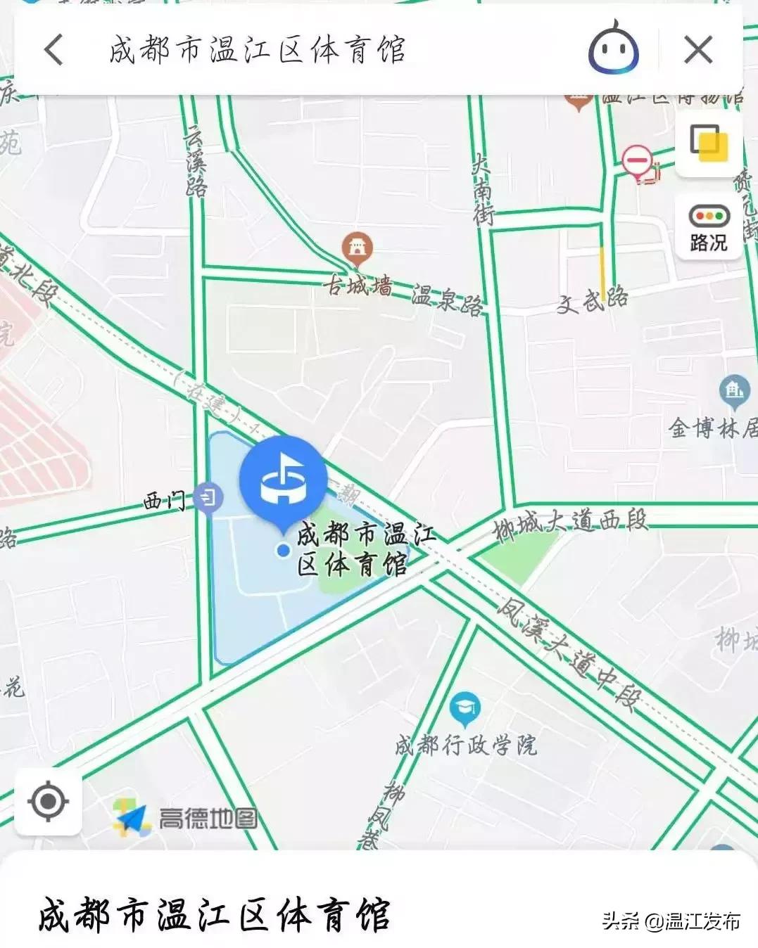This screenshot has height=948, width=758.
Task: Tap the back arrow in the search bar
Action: click(x=54, y=50)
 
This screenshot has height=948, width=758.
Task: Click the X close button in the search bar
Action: click(x=697, y=50)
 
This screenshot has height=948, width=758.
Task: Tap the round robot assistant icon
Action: click(x=613, y=49)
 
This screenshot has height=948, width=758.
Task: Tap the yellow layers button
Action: click(x=709, y=144)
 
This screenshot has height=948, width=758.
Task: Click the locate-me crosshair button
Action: click(x=48, y=802)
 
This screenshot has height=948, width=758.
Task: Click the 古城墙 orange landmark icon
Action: click(x=357, y=248)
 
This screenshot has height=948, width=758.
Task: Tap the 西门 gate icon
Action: click(x=208, y=499)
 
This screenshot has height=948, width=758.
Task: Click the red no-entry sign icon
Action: click(x=637, y=160)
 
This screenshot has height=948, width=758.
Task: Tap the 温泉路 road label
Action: click(x=448, y=299)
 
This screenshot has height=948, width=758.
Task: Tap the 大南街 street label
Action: click(x=482, y=189)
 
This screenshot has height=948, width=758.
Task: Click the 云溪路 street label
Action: click(x=196, y=161)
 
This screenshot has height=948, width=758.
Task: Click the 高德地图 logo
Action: click(x=186, y=819)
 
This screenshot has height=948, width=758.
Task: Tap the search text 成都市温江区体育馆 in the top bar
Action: click(x=258, y=50)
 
